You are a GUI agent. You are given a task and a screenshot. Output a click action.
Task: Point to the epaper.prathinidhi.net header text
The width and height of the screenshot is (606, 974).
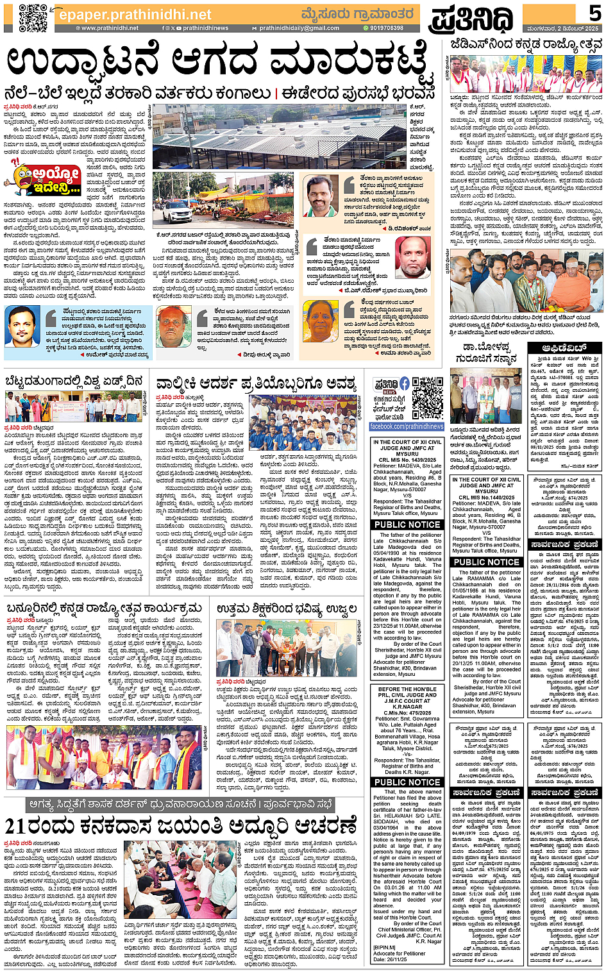tap(135, 14)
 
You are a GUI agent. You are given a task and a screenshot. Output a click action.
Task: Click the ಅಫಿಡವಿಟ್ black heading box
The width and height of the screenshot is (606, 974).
tap(564, 348)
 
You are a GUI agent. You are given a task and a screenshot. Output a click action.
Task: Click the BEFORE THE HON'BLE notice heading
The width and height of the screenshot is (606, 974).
tap(407, 689)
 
